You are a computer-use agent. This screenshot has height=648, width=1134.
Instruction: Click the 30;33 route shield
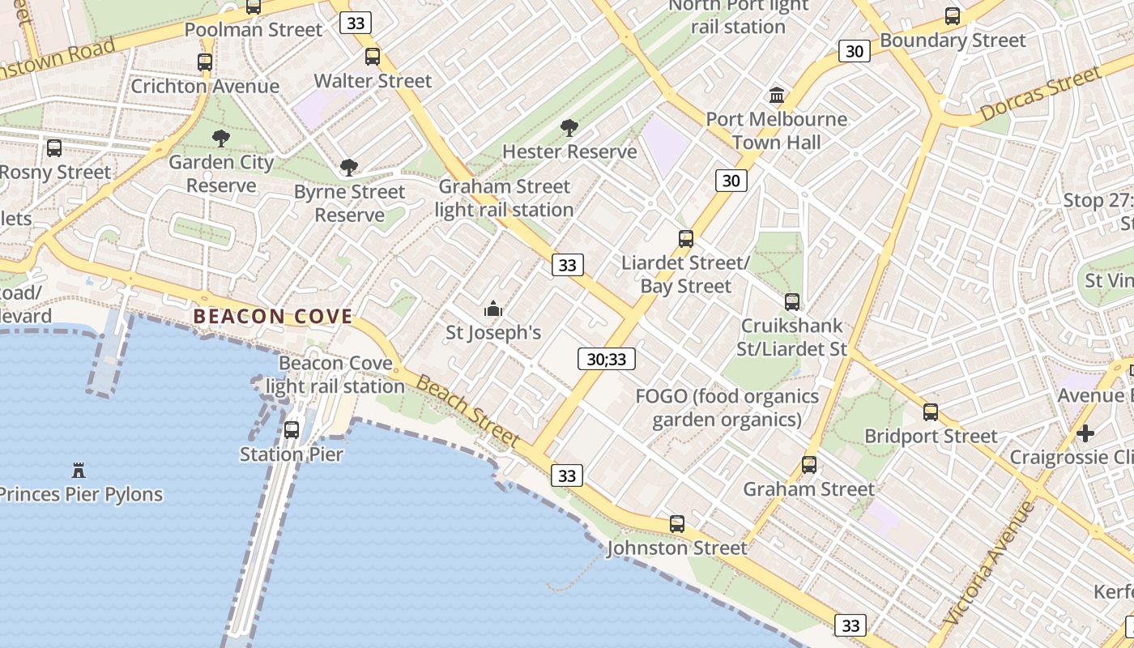(606, 359)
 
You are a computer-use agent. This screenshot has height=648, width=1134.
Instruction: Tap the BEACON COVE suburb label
(273, 317)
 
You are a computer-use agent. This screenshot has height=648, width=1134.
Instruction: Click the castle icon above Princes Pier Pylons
(79, 471)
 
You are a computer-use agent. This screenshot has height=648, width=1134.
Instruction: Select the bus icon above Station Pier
(292, 430)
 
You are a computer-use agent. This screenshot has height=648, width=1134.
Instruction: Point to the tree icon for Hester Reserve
(569, 128)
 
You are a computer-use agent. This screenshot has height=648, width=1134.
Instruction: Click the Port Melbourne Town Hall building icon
(777, 96)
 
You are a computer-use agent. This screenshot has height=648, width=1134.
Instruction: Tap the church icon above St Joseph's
(492, 309)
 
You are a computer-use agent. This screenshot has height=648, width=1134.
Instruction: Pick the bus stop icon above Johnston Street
(677, 524)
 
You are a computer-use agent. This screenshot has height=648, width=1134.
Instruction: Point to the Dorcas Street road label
(1041, 96)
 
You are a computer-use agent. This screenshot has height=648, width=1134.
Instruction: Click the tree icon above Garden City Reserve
(220, 139)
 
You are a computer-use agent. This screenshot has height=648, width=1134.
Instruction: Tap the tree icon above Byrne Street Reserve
(349, 168)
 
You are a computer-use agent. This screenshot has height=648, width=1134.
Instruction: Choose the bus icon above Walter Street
(373, 57)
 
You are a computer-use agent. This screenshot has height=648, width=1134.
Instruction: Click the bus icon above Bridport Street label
(931, 412)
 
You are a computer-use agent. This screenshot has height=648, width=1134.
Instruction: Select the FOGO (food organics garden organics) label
(727, 407)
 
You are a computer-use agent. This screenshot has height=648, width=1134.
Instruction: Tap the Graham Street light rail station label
(504, 198)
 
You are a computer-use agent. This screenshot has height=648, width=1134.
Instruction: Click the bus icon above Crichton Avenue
(205, 62)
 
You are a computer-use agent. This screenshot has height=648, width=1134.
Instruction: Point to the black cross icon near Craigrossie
(1085, 433)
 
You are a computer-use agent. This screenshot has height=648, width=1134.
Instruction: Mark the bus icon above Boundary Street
(953, 16)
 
